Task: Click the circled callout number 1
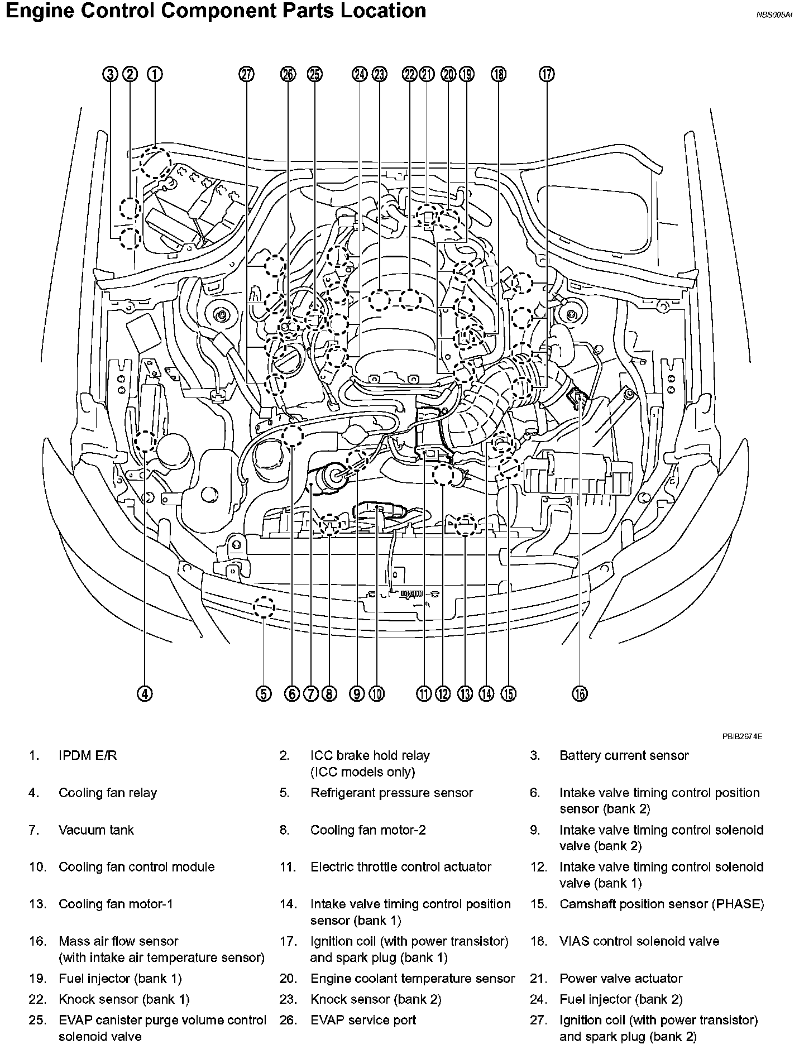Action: [155, 74]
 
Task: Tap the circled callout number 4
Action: [144, 693]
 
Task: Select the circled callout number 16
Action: [580, 693]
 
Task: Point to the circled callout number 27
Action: [246, 74]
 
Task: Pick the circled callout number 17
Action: [547, 74]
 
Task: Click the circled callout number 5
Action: [264, 693]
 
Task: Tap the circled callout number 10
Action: [377, 693]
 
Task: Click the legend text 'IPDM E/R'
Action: [88, 755]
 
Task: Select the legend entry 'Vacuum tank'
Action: [96, 830]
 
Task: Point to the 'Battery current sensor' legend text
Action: [624, 755]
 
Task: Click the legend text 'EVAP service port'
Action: [363, 1020]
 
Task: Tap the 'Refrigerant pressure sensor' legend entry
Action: [391, 793]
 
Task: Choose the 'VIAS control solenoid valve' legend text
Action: [639, 941]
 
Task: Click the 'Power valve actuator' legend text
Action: [621, 978]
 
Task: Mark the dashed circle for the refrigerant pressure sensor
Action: [264, 607]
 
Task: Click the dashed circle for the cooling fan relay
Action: [145, 441]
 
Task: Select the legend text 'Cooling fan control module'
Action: [136, 866]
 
